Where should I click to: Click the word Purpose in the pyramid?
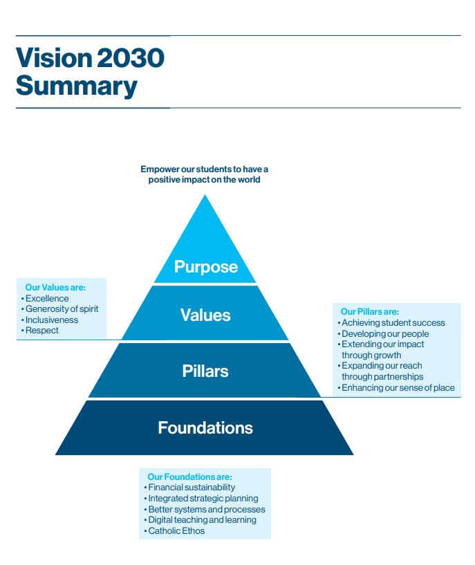click(x=205, y=267)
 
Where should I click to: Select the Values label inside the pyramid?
click(x=205, y=315)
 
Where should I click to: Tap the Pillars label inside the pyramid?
click(x=205, y=371)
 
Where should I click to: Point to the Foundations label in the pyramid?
click(x=205, y=427)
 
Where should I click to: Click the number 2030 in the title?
click(x=131, y=57)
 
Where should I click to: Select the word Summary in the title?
click(x=76, y=86)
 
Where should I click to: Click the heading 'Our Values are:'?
click(x=55, y=288)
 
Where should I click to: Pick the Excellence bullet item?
click(x=47, y=299)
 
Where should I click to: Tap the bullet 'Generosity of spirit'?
click(x=62, y=309)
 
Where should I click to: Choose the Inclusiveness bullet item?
click(x=52, y=320)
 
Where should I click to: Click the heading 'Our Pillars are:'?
click(x=369, y=312)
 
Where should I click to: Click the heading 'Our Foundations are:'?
click(x=189, y=477)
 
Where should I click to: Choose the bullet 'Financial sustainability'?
click(x=191, y=488)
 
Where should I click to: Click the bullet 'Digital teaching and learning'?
click(x=202, y=520)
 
